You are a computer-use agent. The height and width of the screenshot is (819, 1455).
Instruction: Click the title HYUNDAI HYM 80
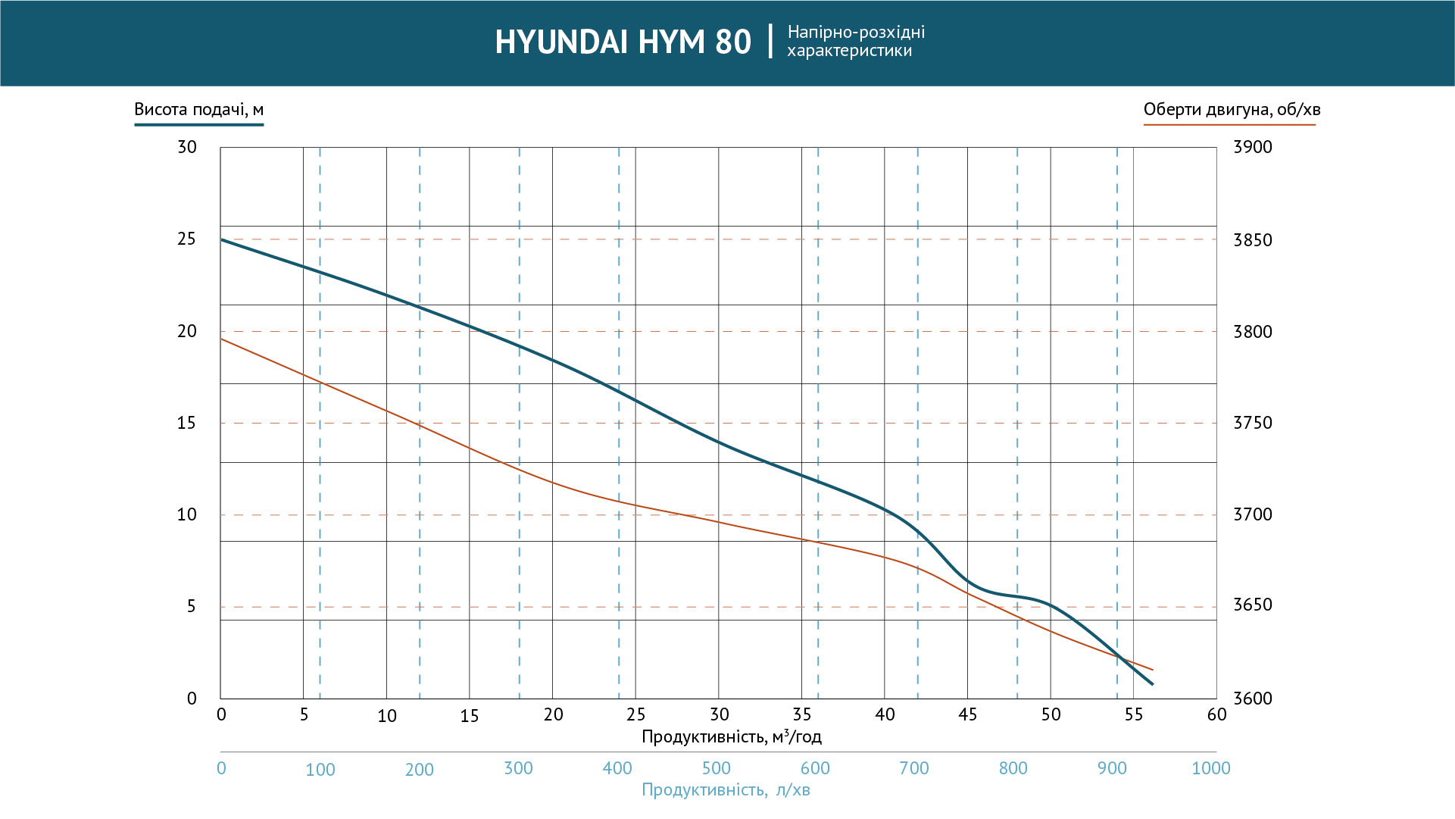[x=623, y=42]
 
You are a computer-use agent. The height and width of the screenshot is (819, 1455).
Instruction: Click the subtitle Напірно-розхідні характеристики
[x=855, y=42]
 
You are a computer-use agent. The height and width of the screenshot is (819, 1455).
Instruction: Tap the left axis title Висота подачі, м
[x=198, y=109]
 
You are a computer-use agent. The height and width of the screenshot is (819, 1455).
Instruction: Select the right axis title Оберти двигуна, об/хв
[x=1232, y=109]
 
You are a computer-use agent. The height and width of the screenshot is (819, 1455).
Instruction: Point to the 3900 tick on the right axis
[x=1253, y=147]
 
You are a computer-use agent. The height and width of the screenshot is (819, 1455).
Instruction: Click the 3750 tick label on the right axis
[x=1253, y=423]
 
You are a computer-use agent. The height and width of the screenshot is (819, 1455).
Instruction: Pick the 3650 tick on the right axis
[x=1253, y=605]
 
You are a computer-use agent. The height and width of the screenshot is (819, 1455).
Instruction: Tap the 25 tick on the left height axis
[x=186, y=239]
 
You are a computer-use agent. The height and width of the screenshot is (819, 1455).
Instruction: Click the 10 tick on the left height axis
[x=186, y=515]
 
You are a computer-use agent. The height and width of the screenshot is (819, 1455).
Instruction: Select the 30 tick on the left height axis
[x=186, y=147]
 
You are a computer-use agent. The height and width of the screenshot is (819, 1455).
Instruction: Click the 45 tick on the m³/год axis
[x=967, y=714]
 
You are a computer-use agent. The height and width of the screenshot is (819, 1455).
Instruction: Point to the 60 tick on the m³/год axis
[x=1216, y=714]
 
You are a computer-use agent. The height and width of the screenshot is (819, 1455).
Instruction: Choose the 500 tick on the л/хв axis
[x=716, y=768]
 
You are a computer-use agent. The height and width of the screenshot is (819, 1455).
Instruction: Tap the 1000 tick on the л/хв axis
[x=1210, y=768]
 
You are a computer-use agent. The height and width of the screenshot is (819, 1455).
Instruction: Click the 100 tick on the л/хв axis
[x=320, y=770]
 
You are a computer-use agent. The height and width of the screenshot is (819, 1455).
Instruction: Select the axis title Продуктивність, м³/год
[x=731, y=736]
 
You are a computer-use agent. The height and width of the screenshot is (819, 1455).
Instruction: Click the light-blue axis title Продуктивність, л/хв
[x=726, y=790]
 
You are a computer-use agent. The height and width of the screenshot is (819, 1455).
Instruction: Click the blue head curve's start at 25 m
[x=221, y=239]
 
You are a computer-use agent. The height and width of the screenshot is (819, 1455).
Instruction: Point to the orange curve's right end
[x=1152, y=670]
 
